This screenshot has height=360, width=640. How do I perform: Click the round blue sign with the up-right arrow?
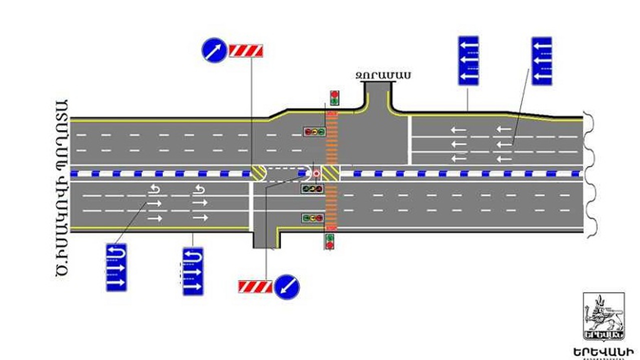pos(214,50)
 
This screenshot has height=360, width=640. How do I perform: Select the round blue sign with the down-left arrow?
pos(286,287)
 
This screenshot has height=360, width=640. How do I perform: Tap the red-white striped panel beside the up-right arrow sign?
pos(246,50)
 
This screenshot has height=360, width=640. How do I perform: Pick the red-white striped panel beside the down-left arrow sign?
pos(255,286)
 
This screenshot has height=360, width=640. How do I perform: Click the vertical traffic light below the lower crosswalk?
pos(329,241)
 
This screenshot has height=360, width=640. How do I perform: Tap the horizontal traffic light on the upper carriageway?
pos(314,132)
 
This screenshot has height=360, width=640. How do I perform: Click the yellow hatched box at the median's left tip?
pos(258,173)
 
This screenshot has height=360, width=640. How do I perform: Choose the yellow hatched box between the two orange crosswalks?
pos(330,173)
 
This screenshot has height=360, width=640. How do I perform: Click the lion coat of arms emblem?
pos(603,316)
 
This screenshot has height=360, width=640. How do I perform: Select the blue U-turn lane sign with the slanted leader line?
pos(116,267)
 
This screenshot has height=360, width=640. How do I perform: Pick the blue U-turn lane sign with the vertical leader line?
pos(193,271)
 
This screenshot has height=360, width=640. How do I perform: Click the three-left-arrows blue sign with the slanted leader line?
pos(541,60)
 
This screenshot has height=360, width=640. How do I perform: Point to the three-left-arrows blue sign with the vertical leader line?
pos(468,60)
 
